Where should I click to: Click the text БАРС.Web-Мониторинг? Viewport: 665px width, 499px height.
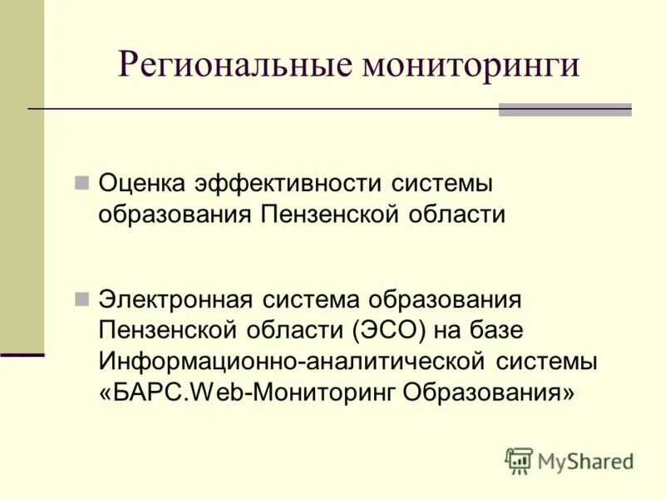(250, 392)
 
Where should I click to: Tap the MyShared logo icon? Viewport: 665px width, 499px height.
(519, 461)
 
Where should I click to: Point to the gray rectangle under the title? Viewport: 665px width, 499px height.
(564, 110)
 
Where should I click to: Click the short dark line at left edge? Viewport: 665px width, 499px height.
(22, 355)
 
